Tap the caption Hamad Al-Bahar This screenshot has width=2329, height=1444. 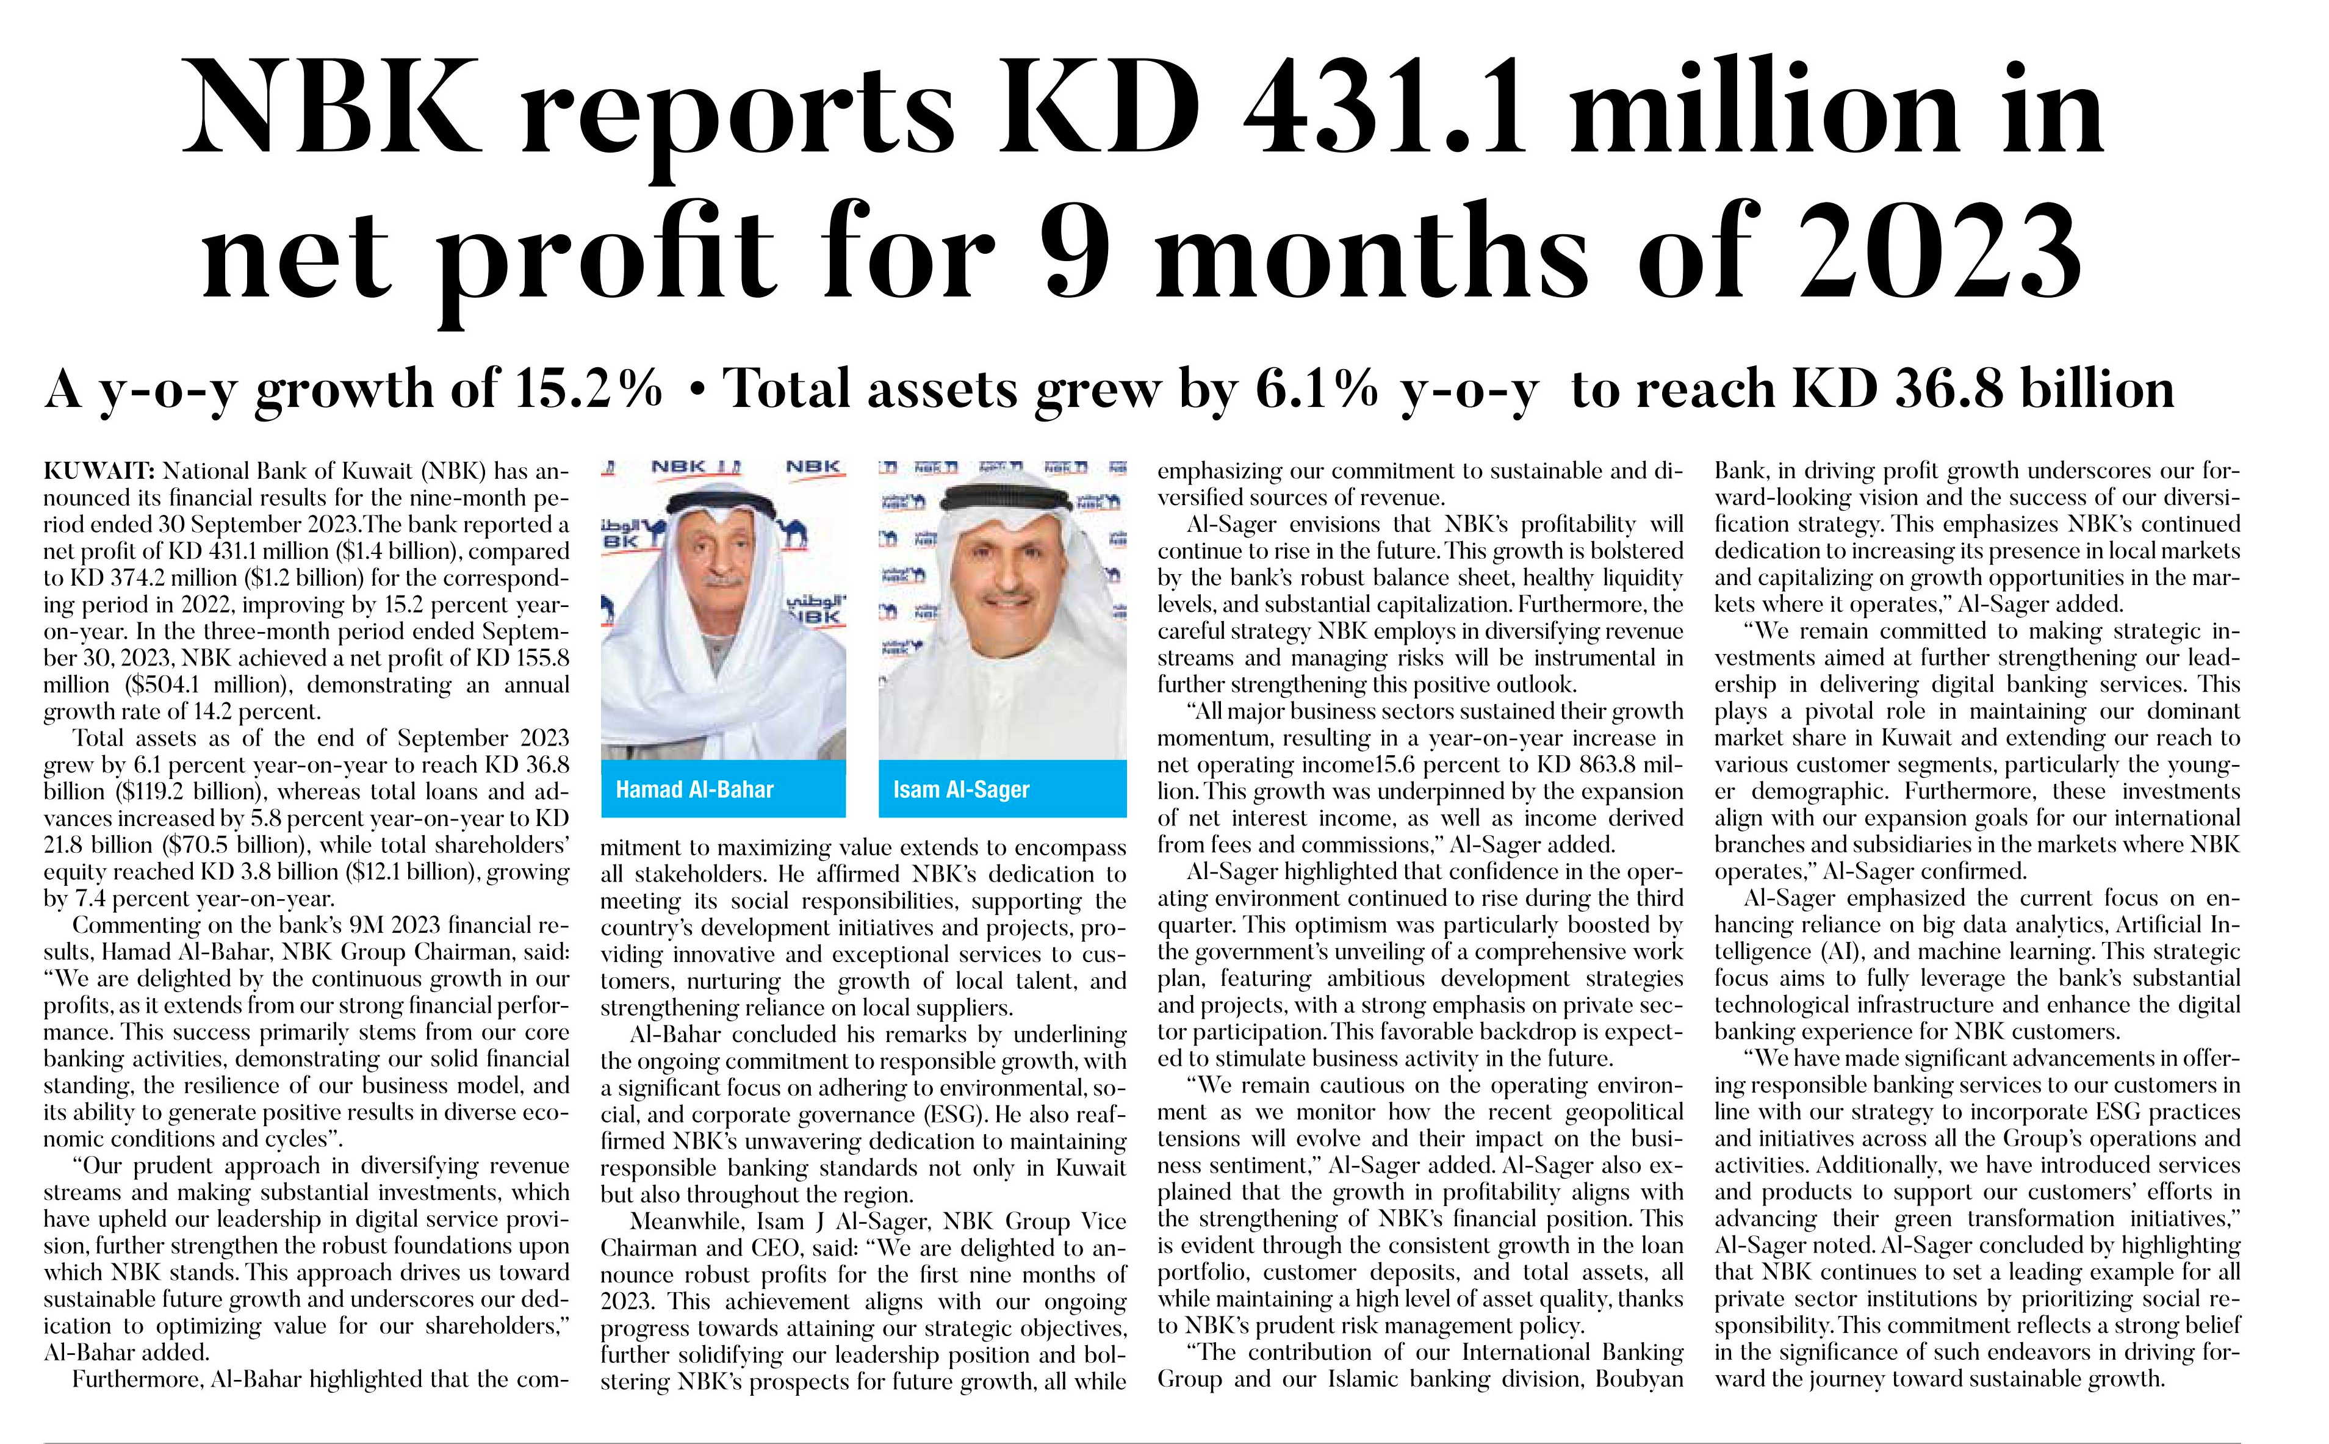(x=694, y=790)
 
